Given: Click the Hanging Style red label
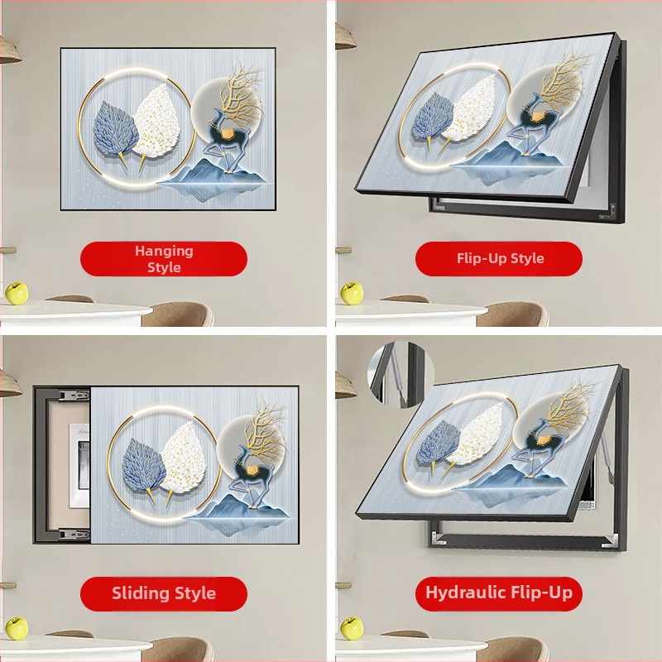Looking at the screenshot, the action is click(164, 259).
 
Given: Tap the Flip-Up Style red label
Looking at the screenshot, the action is click(499, 259).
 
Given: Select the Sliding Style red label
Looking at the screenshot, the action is click(164, 593).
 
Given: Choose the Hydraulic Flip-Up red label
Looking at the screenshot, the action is click(499, 593).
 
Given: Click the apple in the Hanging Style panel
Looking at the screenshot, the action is click(17, 293).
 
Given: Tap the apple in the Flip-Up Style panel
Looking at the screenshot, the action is click(352, 293).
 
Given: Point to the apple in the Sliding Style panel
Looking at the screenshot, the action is click(17, 628).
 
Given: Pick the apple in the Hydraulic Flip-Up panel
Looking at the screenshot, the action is click(352, 628).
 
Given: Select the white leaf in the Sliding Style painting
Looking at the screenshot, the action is click(182, 459).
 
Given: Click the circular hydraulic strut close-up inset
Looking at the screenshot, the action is click(401, 375).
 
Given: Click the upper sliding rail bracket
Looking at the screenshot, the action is click(74, 396).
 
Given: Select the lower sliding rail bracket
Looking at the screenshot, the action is click(74, 534).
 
